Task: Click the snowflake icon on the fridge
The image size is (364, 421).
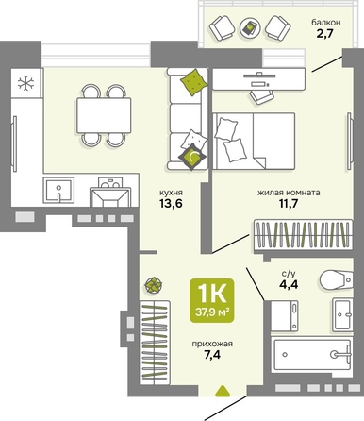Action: click(x=25, y=83)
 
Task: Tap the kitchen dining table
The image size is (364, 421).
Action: click(x=104, y=115)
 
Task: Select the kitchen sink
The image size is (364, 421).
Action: click(x=58, y=190)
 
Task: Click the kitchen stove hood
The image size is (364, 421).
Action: click(x=110, y=197)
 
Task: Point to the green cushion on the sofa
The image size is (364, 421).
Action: click(x=193, y=82)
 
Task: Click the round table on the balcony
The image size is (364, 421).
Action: click(x=250, y=28)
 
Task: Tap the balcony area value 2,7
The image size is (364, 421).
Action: click(x=324, y=33)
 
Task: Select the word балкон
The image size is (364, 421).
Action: click(x=326, y=23)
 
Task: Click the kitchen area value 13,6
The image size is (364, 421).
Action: click(x=171, y=204)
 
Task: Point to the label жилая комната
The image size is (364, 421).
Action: click(x=289, y=193)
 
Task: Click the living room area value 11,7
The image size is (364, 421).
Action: click(x=289, y=204)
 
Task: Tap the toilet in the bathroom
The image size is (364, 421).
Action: click(x=336, y=279)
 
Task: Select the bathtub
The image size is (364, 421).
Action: click(x=312, y=355)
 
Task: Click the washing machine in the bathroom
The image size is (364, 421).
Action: click(x=285, y=315)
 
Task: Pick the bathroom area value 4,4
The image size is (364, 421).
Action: click(x=289, y=285)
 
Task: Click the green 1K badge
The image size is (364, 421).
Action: click(x=212, y=300)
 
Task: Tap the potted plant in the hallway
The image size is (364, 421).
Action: click(x=154, y=285)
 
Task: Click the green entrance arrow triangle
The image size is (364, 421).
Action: click(x=223, y=391)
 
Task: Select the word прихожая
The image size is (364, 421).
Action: click(x=212, y=344)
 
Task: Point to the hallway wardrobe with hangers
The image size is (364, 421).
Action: click(x=155, y=343)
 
